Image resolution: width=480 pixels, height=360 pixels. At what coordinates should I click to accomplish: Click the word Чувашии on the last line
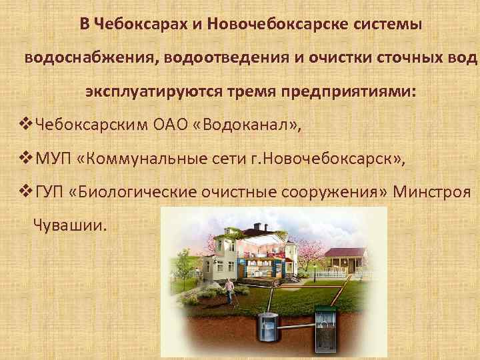coord(69,225)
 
